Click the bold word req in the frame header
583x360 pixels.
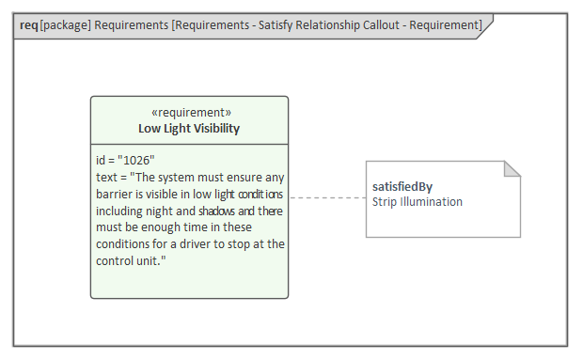pyautogui.click(x=29, y=25)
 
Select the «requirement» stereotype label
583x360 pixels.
pyautogui.click(x=191, y=113)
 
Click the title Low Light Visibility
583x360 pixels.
pyautogui.click(x=189, y=129)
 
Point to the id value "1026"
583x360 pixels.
pyautogui.click(x=136, y=161)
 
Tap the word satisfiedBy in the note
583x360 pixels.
pyautogui.click(x=402, y=186)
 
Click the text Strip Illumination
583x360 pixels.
pyautogui.click(x=418, y=202)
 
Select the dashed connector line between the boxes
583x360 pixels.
pyautogui.click(x=327, y=197)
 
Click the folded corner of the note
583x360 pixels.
pyautogui.click(x=512, y=168)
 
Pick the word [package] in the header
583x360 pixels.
pyautogui.click(x=66, y=25)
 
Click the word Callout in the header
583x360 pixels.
pyautogui.click(x=385, y=25)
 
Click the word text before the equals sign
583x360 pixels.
pyautogui.click(x=106, y=178)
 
